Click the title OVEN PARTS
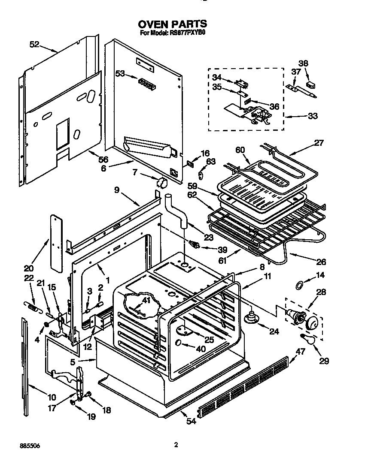pyautogui.click(x=172, y=24)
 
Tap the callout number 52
pyautogui.click(x=34, y=44)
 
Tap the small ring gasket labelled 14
pyautogui.click(x=299, y=285)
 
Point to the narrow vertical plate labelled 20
pyautogui.click(x=55, y=242)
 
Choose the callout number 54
pyautogui.click(x=191, y=421)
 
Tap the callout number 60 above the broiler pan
pyautogui.click(x=240, y=150)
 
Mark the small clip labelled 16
pyautogui.click(x=191, y=162)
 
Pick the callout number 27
pyautogui.click(x=319, y=143)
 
